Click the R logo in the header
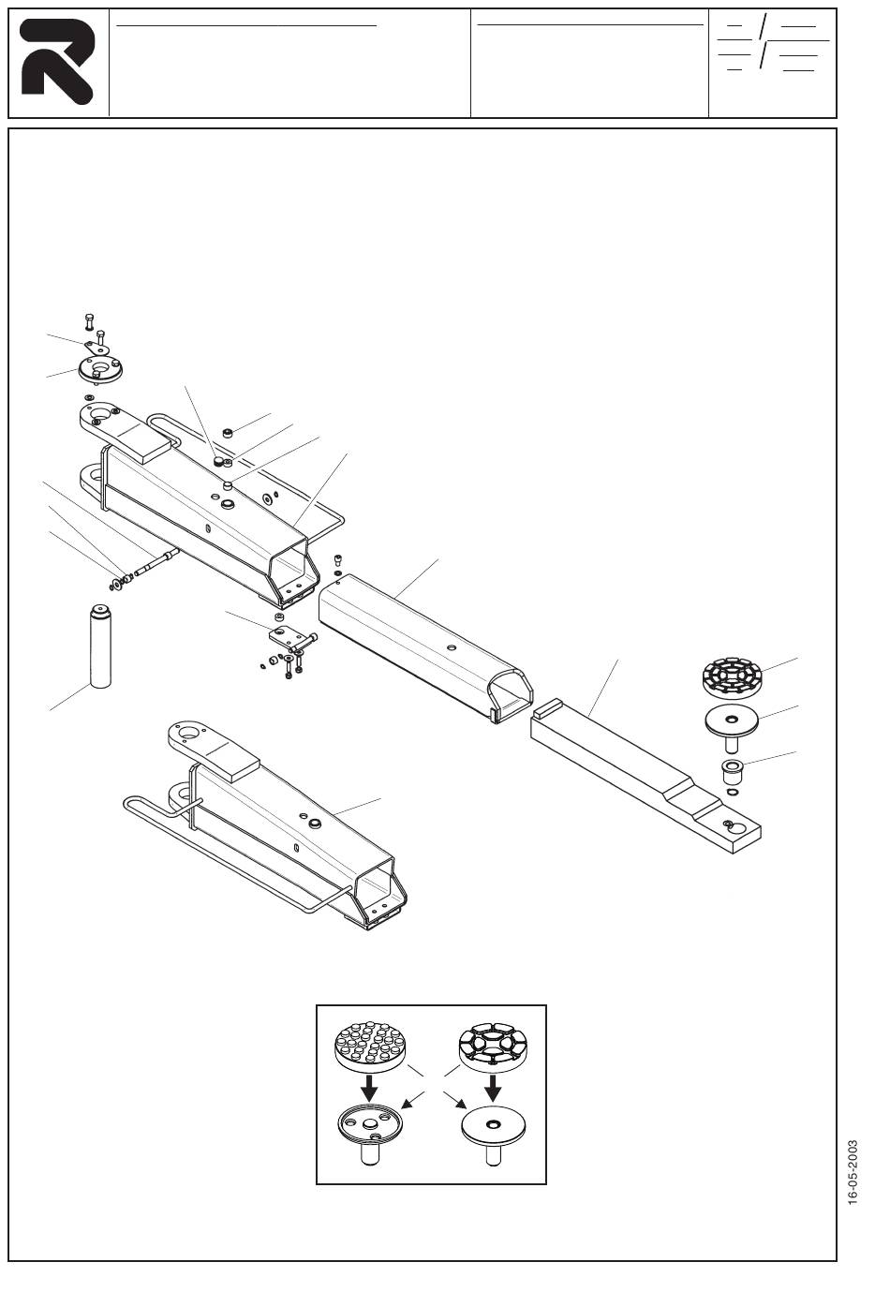click(x=56, y=62)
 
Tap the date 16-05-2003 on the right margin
click(x=852, y=1172)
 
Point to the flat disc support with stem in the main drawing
click(x=730, y=723)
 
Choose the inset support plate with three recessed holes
click(x=371, y=1124)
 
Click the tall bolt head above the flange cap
click(x=89, y=322)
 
